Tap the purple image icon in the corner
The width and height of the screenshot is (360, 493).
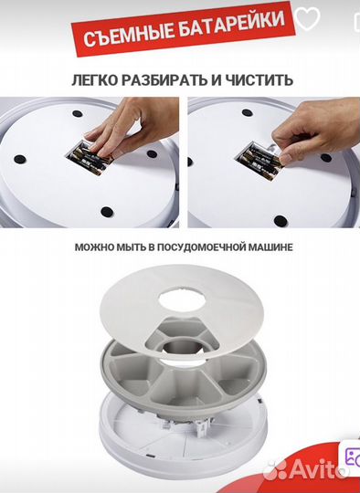point(352,457)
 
